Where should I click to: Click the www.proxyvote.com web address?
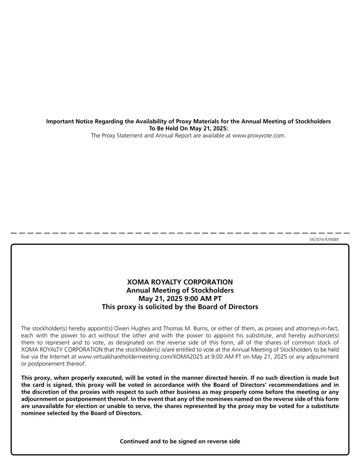[x=259, y=136]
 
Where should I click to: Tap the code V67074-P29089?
[x=324, y=239]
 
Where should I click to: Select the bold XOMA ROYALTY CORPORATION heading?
[x=180, y=282]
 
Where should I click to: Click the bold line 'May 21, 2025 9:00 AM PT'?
[x=180, y=299]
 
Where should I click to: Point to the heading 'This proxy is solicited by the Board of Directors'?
[x=180, y=307]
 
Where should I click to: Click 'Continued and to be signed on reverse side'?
[x=180, y=441]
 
